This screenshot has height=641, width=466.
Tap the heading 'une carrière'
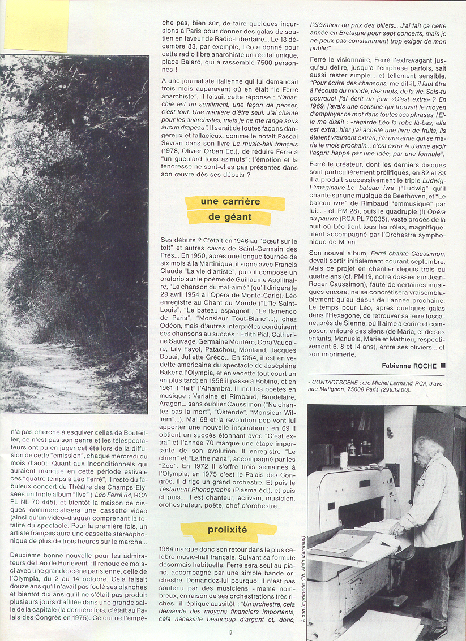[230, 202]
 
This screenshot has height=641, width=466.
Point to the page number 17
[230, 633]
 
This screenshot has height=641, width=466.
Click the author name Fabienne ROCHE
[409, 366]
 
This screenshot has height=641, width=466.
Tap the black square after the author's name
[443, 366]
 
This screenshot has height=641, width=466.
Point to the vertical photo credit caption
[303, 571]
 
